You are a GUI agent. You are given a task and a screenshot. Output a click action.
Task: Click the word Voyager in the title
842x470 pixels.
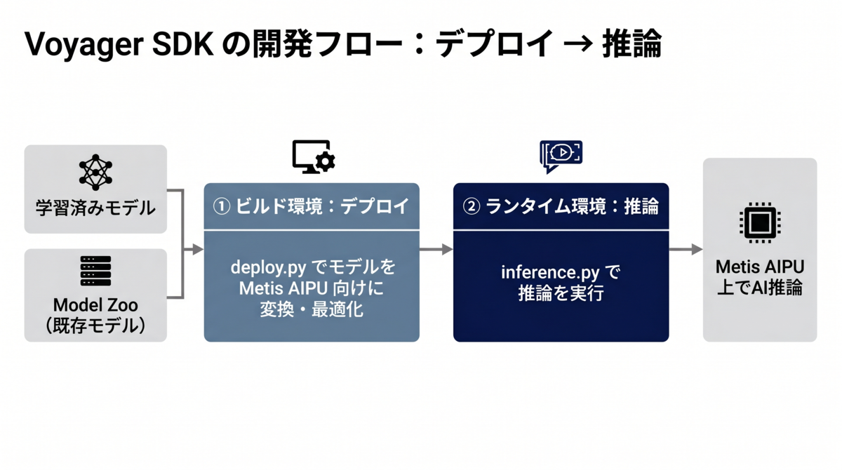[84, 44]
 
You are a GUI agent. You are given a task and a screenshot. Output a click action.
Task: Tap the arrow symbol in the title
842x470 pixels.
[578, 44]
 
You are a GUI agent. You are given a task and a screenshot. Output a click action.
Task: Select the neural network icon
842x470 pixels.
[95, 173]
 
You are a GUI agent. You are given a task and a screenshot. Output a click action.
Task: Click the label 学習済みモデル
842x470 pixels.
[95, 208]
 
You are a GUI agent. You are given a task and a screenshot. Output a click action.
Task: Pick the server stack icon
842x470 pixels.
[95, 271]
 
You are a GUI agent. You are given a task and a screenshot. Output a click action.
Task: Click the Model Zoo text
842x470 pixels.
[95, 305]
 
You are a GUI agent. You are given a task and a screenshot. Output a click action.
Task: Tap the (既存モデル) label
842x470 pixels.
[95, 325]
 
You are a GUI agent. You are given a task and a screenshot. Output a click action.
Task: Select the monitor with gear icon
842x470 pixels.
[314, 156]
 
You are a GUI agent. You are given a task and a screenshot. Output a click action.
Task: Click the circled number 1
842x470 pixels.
[222, 206]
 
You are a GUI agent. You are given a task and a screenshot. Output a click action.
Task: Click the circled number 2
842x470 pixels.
[472, 206]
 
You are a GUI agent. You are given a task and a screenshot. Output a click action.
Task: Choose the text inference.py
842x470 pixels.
[550, 272]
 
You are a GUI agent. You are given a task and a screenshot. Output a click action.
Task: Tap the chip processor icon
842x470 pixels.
[760, 222]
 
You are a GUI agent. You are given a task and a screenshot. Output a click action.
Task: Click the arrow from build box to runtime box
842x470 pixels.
[436, 249]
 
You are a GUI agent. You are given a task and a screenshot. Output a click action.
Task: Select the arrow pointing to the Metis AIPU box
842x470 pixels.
[686, 249]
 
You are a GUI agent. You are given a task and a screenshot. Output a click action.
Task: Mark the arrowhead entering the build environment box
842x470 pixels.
[198, 249]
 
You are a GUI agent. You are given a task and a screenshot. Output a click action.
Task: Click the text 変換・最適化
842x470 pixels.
[312, 310]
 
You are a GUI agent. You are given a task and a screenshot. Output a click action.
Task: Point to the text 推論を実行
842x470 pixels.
[561, 293]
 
